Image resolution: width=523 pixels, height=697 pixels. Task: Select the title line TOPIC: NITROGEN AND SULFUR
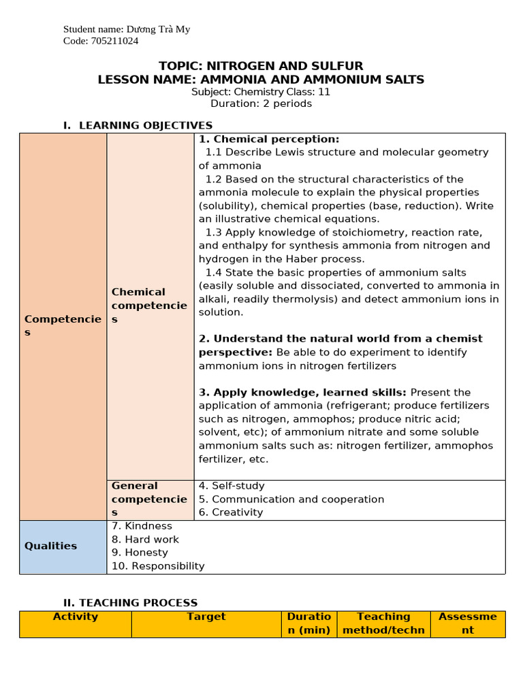click(261, 66)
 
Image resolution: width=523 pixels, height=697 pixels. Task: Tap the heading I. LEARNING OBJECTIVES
click(138, 125)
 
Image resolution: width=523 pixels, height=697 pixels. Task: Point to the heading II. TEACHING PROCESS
click(130, 602)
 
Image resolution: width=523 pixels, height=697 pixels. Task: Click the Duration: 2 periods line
click(261, 104)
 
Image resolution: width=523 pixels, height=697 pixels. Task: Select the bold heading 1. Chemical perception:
click(269, 139)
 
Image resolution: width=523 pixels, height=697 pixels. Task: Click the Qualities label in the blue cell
click(51, 546)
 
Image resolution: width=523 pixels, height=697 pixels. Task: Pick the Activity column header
click(76, 617)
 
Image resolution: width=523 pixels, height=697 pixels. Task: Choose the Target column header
click(206, 617)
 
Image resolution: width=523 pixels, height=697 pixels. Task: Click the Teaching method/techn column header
click(383, 623)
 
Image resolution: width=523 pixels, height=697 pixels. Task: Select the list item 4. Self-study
click(232, 486)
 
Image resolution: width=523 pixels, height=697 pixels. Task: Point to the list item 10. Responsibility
click(158, 566)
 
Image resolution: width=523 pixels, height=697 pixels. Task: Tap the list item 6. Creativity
click(231, 513)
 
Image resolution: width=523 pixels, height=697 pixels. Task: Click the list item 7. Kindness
click(142, 526)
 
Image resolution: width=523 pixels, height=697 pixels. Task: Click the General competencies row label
click(149, 499)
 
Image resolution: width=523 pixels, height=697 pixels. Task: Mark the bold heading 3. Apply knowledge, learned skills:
click(303, 392)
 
